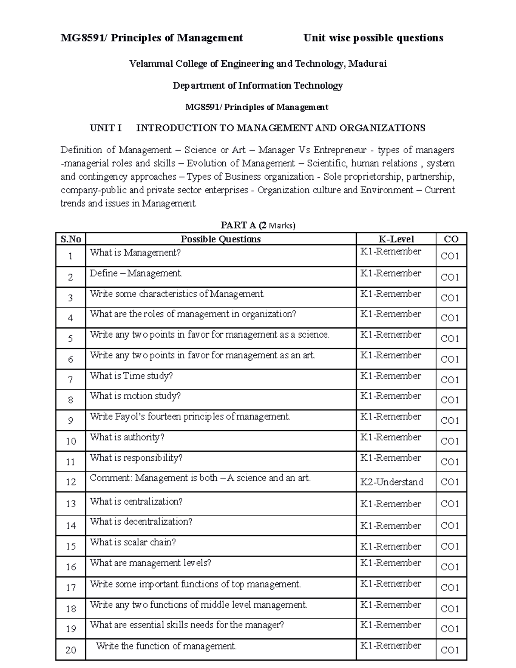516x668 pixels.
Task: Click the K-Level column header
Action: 396,239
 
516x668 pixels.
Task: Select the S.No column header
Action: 71,239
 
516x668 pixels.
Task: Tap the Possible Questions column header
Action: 221,239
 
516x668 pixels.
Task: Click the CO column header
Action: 451,239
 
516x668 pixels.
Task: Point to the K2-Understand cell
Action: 391,482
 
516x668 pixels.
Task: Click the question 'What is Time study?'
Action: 131,376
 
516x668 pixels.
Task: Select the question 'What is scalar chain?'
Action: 133,542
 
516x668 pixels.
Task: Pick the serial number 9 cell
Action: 71,421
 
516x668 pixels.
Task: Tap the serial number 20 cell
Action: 71,650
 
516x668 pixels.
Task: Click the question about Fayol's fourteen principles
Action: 190,416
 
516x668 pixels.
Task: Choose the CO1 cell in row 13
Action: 450,504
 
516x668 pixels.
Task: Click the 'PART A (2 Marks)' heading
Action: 258,225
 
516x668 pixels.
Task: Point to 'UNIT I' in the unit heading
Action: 106,128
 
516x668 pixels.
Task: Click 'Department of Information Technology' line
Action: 258,86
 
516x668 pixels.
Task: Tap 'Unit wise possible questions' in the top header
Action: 373,38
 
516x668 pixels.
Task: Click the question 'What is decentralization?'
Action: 141,521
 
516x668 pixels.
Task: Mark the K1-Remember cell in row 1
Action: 390,251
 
